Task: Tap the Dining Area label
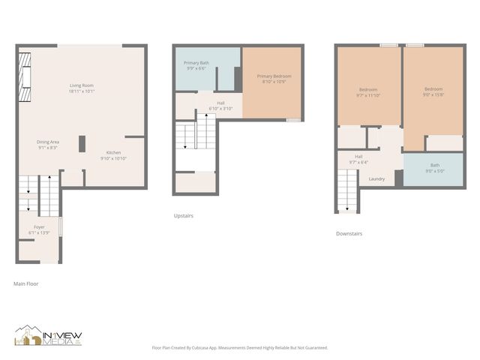48,145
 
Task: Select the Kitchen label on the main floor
113,155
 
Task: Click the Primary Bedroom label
274,79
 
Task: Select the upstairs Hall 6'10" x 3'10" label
220,106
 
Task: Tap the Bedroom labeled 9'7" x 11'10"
368,92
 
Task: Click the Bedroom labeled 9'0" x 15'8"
433,92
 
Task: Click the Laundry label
376,178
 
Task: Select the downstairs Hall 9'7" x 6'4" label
358,159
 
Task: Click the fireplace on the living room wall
26,76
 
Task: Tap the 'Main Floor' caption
26,284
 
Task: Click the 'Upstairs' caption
183,215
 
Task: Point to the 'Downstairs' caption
349,233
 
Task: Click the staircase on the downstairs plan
347,190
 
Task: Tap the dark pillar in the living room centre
82,143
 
